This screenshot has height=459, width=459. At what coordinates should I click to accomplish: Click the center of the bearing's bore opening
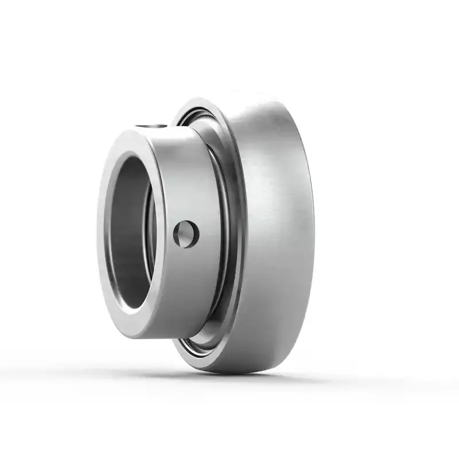(131, 233)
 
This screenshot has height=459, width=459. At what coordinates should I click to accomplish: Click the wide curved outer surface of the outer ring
(275, 229)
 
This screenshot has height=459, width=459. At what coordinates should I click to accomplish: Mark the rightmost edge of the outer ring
(314, 229)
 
